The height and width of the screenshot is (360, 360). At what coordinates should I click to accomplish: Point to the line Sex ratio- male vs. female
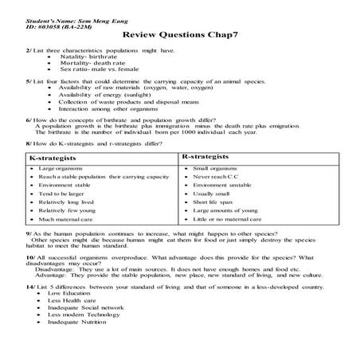pos(98,70)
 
